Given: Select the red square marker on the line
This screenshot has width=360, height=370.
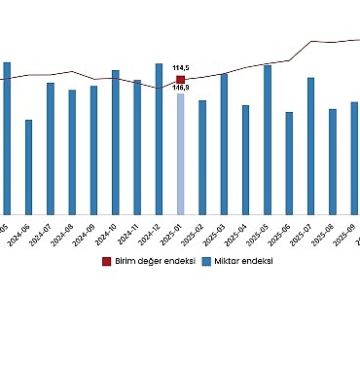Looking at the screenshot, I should pos(180,80).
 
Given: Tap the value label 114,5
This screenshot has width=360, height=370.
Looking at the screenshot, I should pos(180,68).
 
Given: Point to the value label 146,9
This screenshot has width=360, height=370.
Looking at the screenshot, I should pos(180,89).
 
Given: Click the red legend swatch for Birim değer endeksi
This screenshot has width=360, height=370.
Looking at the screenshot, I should pos(108,261).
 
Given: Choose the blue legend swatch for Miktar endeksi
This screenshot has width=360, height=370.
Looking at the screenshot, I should pos(207,261).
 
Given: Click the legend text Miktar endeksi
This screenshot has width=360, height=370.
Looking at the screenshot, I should pos(243,261).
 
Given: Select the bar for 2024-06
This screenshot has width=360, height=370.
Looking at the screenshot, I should pos(28,166).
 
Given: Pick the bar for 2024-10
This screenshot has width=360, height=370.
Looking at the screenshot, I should pos(115,142).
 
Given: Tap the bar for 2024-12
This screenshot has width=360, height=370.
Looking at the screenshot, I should pos(159,138).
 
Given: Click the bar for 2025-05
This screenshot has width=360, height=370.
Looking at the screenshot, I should pos(268,139).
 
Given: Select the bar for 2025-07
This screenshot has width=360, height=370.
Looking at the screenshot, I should pos(310,146).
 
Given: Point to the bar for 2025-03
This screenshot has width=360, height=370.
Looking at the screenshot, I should pos(224,144).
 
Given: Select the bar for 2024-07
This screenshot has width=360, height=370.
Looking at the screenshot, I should pos(50,148).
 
